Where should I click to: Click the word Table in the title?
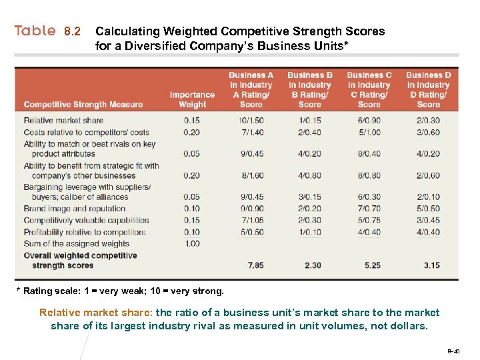[x=35, y=31]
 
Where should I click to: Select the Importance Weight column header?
[x=192, y=99]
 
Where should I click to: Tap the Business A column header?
[x=251, y=89]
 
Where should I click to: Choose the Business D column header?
[x=428, y=89]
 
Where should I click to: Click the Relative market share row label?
[x=63, y=121]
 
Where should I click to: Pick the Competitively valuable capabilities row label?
[x=86, y=220]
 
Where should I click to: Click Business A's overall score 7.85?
[x=255, y=265]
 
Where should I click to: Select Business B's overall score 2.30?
[x=312, y=265]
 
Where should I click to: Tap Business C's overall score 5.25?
[x=372, y=265]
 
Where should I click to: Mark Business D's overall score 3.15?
[x=431, y=265]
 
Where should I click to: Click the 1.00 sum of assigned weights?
[x=192, y=244]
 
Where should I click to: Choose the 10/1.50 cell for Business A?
[x=251, y=121]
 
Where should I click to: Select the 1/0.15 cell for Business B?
[x=310, y=121]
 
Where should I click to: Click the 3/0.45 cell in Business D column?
[x=428, y=220]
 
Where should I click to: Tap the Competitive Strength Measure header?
[x=83, y=105]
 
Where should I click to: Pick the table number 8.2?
[x=73, y=31]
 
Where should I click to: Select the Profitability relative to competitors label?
[x=84, y=232]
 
